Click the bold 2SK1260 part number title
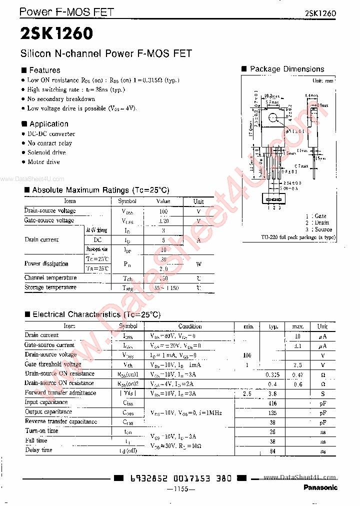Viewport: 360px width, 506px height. (x=56, y=33)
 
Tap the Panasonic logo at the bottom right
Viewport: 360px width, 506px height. (x=320, y=487)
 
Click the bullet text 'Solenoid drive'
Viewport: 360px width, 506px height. (x=46, y=152)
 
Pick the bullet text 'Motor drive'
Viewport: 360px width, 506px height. (x=43, y=162)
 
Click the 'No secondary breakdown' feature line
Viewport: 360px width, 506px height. (x=61, y=99)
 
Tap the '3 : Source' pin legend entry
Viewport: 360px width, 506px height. (x=318, y=229)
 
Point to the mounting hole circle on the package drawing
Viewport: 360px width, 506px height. (x=272, y=118)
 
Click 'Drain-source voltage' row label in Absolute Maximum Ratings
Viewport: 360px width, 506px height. (x=50, y=211)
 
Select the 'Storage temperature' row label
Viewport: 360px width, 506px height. (x=50, y=287)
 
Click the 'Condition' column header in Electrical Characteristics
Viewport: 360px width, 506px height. (x=189, y=326)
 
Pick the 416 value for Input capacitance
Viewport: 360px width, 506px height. (x=272, y=402)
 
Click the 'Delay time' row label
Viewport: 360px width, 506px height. (x=38, y=450)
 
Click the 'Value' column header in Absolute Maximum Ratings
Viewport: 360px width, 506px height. (x=163, y=201)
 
